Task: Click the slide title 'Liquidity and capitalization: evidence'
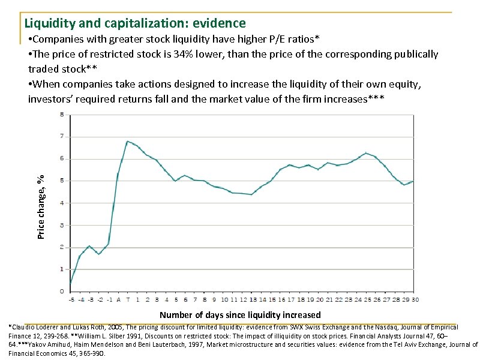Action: coord(135,23)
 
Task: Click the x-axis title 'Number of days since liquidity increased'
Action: coord(240,315)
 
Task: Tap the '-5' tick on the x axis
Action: coord(71,299)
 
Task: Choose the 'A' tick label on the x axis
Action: coord(118,299)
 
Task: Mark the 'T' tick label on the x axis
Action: coord(128,299)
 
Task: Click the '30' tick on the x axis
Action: coord(416,299)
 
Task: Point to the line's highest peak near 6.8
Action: coord(127,142)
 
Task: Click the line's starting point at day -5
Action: coord(70,284)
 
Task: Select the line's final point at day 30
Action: coord(413,181)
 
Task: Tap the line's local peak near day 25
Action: coord(366,153)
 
